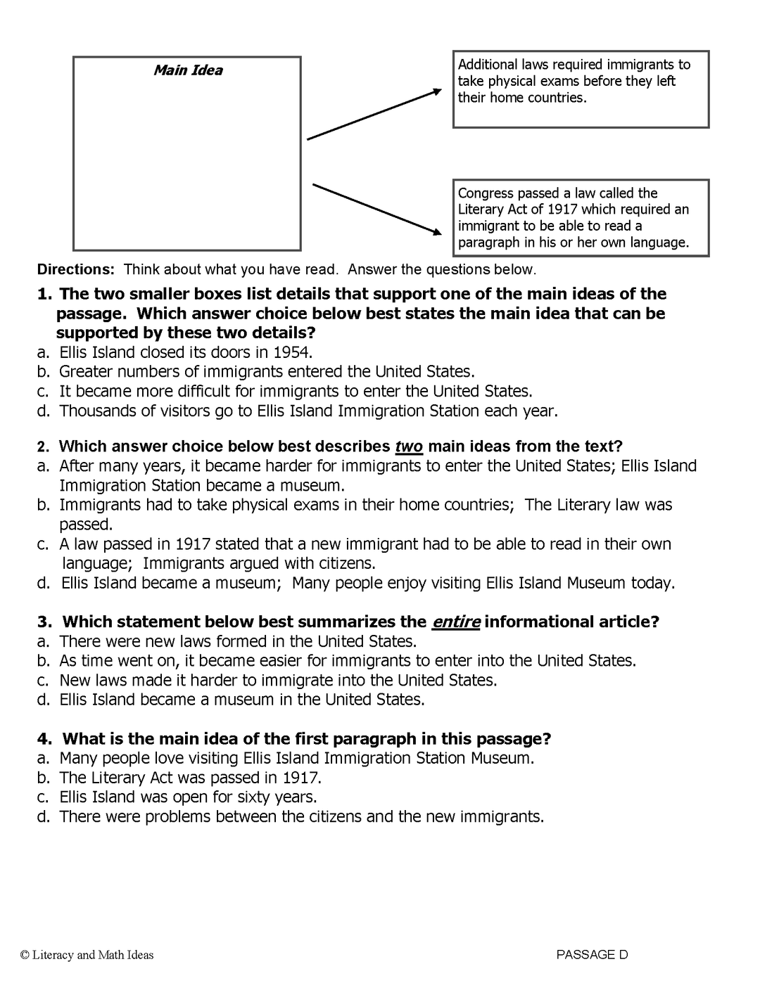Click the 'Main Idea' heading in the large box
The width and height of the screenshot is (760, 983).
coord(188,70)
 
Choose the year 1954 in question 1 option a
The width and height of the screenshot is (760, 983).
coord(293,352)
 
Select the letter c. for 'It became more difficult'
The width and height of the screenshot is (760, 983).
coord(44,392)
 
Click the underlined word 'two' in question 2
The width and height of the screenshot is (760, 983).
coord(409,446)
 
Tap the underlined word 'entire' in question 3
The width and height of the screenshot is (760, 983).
coord(456,622)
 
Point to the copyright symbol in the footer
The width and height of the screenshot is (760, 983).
coord(25,955)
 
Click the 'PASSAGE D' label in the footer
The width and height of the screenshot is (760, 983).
coord(592,955)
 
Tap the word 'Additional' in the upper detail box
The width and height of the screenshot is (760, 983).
coord(488,65)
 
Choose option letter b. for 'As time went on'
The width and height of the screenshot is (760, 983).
coord(44,661)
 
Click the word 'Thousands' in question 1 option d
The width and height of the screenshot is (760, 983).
coord(95,411)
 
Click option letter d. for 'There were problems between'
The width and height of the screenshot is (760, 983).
coord(44,817)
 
